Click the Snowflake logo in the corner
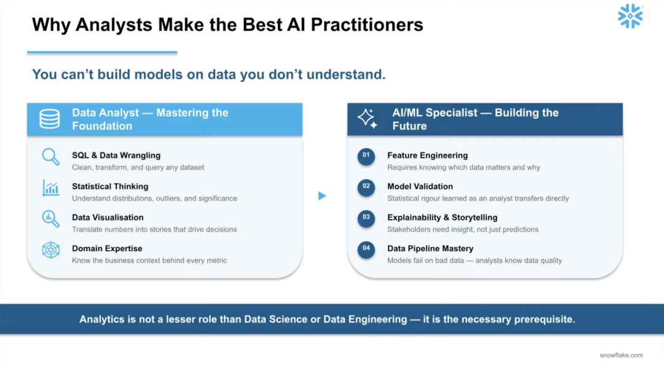pos(630,16)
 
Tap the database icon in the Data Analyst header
pos(50,119)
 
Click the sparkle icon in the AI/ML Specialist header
pos(367,119)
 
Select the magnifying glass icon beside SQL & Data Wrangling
pos(50,157)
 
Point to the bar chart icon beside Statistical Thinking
pos(50,187)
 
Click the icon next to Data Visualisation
pos(50,219)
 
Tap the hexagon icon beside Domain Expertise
pos(50,250)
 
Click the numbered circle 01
pos(366,156)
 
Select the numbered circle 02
pos(366,187)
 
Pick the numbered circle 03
pos(366,219)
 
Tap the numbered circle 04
pos(366,249)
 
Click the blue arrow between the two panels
pos(322,195)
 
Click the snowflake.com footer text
pos(621,355)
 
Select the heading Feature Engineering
pos(427,155)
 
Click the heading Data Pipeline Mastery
pos(430,248)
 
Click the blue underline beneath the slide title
pos(102,52)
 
